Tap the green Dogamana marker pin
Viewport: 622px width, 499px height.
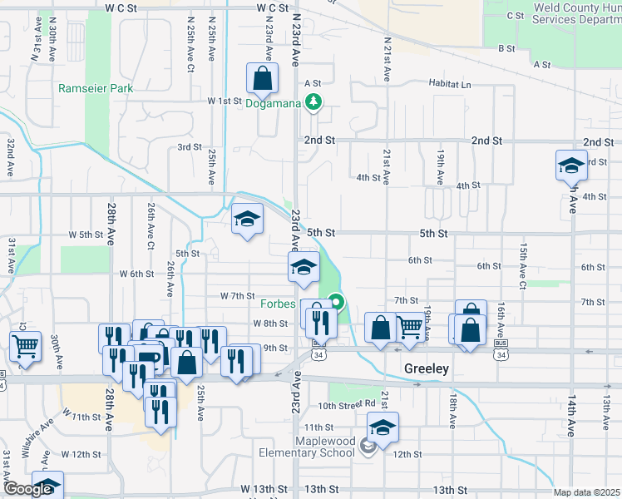click(313, 102)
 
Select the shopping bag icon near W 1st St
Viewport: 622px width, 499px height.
click(262, 80)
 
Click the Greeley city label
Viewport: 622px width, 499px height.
click(427, 368)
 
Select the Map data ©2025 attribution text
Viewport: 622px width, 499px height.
click(585, 492)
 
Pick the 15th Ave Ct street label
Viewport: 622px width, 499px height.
click(522, 267)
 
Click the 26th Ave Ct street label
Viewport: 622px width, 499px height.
click(151, 226)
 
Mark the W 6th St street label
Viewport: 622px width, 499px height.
click(136, 274)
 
